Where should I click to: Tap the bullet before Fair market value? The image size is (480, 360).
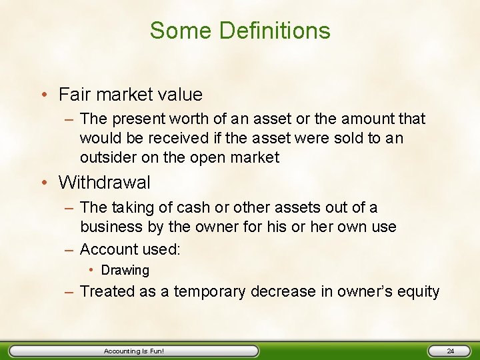(45, 95)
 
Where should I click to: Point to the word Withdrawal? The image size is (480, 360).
(105, 182)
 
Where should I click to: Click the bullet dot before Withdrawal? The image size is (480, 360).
(45, 183)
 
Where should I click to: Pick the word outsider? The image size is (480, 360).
(107, 157)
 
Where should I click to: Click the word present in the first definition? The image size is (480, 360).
(137, 119)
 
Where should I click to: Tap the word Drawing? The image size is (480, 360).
(125, 271)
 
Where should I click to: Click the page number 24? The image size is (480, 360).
(450, 351)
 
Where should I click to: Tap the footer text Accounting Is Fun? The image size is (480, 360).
(133, 351)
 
